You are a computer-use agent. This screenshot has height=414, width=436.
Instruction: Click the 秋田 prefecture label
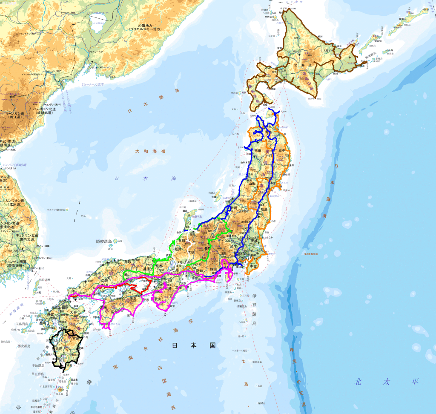258,150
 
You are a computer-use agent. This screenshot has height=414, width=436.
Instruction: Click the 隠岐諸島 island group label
105,241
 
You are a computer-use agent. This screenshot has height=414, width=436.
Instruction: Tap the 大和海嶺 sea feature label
150,151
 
